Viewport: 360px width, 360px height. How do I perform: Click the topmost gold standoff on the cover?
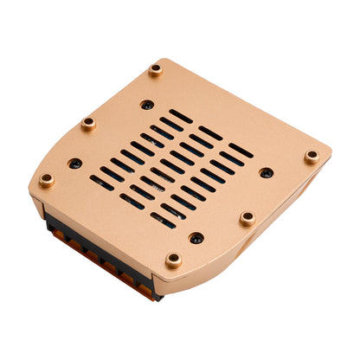(156, 69)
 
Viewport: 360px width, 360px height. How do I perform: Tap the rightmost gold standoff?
(312, 157)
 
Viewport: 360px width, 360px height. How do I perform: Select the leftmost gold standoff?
(47, 180)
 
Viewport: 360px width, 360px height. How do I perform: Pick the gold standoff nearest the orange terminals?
(174, 259)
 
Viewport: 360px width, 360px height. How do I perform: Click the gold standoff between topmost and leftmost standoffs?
(88, 123)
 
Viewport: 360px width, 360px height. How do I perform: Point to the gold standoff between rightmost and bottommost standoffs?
(247, 218)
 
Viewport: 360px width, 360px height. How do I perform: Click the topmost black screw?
(147, 105)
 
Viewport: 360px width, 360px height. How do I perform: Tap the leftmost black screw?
(75, 163)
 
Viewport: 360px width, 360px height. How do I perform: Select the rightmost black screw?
(267, 172)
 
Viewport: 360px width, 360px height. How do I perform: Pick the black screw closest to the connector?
(196, 237)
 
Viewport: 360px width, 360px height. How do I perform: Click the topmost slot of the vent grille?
(180, 116)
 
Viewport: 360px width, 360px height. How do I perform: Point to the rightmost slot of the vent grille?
(241, 151)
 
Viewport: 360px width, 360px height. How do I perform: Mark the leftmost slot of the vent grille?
(101, 183)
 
